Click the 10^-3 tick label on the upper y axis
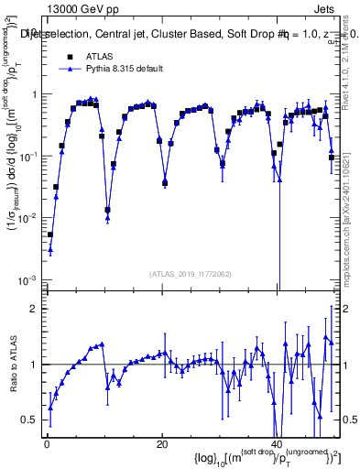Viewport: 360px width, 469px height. pos(27,279)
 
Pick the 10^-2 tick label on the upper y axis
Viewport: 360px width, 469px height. pos(27,218)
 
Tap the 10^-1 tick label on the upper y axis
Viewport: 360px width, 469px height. pos(27,156)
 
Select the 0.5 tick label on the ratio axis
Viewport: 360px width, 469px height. pos(29,420)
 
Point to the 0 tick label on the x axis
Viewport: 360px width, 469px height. pos(46,445)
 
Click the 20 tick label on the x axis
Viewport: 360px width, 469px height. pos(161,445)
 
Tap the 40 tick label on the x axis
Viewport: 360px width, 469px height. pos(276,445)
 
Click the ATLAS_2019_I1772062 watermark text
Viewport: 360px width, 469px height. pos(190,274)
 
